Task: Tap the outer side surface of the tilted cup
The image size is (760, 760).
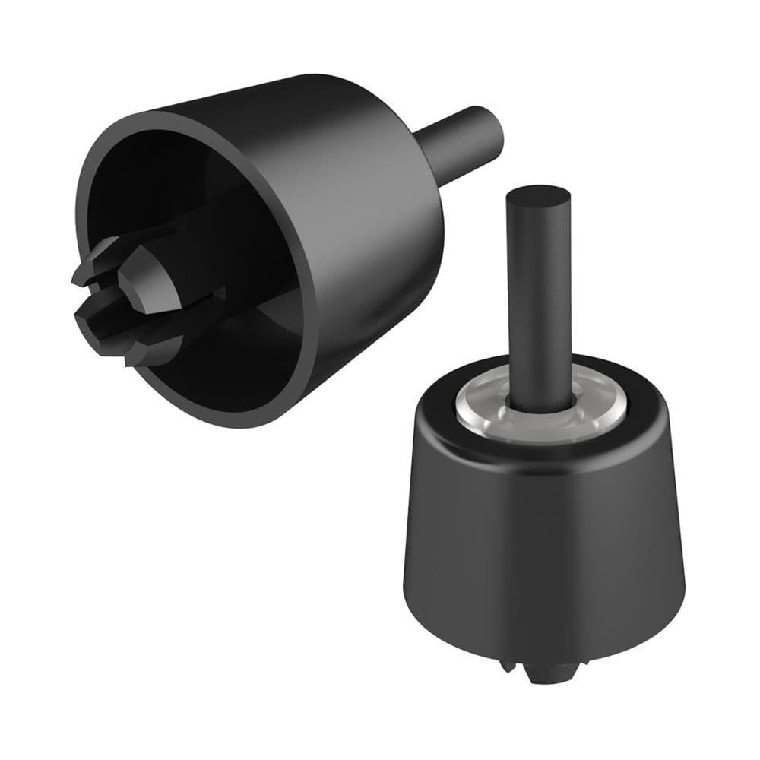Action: (x=357, y=205)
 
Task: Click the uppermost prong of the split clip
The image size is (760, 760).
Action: (x=106, y=251)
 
